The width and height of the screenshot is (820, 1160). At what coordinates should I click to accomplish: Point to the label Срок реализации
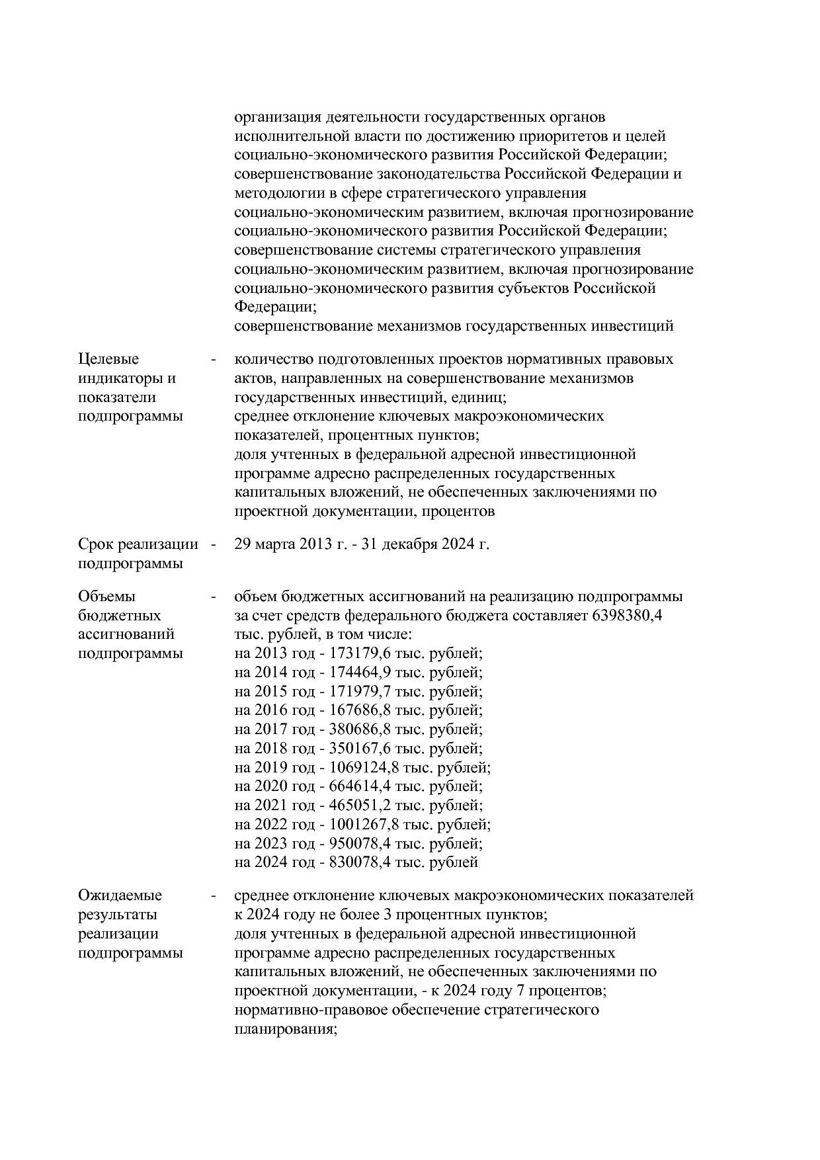pyautogui.click(x=138, y=544)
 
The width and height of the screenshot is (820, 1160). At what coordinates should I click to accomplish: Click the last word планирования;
pyautogui.click(x=286, y=1030)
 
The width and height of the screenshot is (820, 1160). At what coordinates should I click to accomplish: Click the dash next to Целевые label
pyautogui.click(x=213, y=360)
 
